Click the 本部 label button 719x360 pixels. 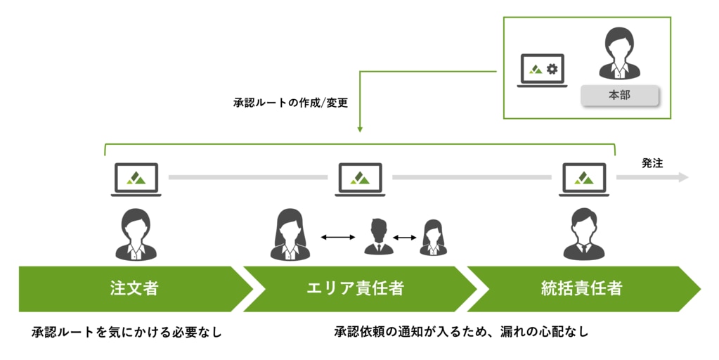[x=619, y=96]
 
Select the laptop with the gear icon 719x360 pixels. [x=543, y=70]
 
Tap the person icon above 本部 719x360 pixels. [x=618, y=53]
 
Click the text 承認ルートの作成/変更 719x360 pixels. [x=291, y=102]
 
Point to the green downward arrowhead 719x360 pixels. [x=360, y=129]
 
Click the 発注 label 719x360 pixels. [x=652, y=163]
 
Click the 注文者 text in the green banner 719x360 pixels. [x=134, y=288]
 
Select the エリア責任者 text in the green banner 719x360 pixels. [x=356, y=288]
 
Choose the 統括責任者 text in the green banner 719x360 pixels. [x=581, y=288]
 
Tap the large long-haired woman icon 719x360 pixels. [x=288, y=234]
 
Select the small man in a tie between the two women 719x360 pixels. [x=378, y=237]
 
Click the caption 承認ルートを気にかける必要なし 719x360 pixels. [x=127, y=332]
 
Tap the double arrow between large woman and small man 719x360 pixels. [x=338, y=238]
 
